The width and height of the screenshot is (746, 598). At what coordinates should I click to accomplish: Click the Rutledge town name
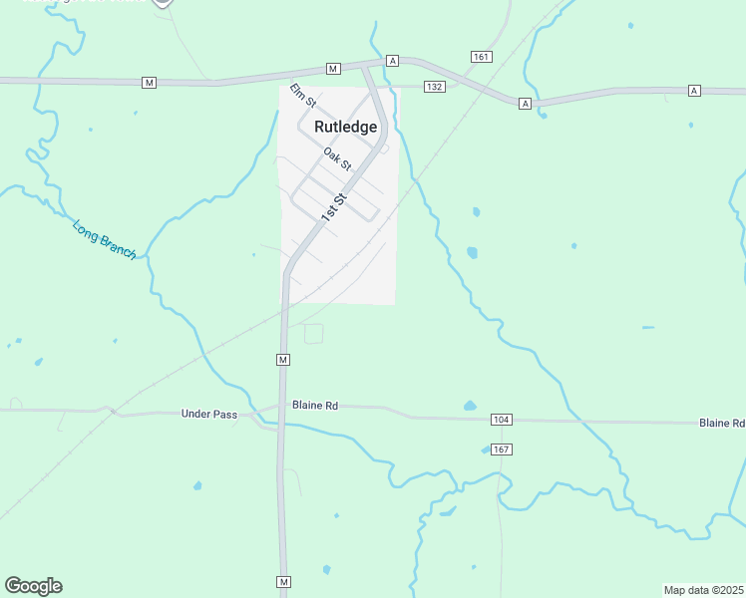(x=346, y=127)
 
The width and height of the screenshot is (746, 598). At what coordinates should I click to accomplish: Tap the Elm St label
(x=302, y=96)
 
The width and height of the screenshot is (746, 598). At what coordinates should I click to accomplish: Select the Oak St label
(x=337, y=158)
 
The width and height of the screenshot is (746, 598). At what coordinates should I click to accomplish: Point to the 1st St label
(x=333, y=207)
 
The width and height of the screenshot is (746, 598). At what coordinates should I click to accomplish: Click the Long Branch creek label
(x=104, y=239)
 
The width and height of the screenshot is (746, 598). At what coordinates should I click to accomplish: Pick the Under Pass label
(x=209, y=414)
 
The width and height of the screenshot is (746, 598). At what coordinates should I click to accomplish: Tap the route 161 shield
(x=483, y=57)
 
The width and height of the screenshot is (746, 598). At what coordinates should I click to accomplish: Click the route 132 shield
(x=433, y=88)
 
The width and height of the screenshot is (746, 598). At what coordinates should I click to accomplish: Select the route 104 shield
(x=501, y=421)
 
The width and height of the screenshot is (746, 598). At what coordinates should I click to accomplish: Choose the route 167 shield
(x=501, y=449)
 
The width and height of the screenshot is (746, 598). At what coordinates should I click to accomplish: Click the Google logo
(x=33, y=586)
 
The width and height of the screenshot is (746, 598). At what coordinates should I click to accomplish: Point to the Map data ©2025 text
(x=703, y=589)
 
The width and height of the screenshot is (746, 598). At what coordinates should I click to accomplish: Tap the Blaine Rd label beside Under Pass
(x=315, y=406)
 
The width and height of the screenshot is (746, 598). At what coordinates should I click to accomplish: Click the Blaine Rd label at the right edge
(x=721, y=424)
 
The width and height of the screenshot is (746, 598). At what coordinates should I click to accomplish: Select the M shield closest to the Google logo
(x=284, y=581)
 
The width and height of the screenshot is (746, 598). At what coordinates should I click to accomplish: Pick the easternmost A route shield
(x=694, y=91)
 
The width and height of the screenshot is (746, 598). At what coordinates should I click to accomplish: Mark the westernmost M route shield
(x=149, y=82)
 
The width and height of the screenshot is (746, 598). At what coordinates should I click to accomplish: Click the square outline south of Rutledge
(x=313, y=334)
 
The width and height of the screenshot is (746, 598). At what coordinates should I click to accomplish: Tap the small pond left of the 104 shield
(x=470, y=406)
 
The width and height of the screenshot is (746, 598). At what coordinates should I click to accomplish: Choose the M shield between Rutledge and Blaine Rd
(x=283, y=359)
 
